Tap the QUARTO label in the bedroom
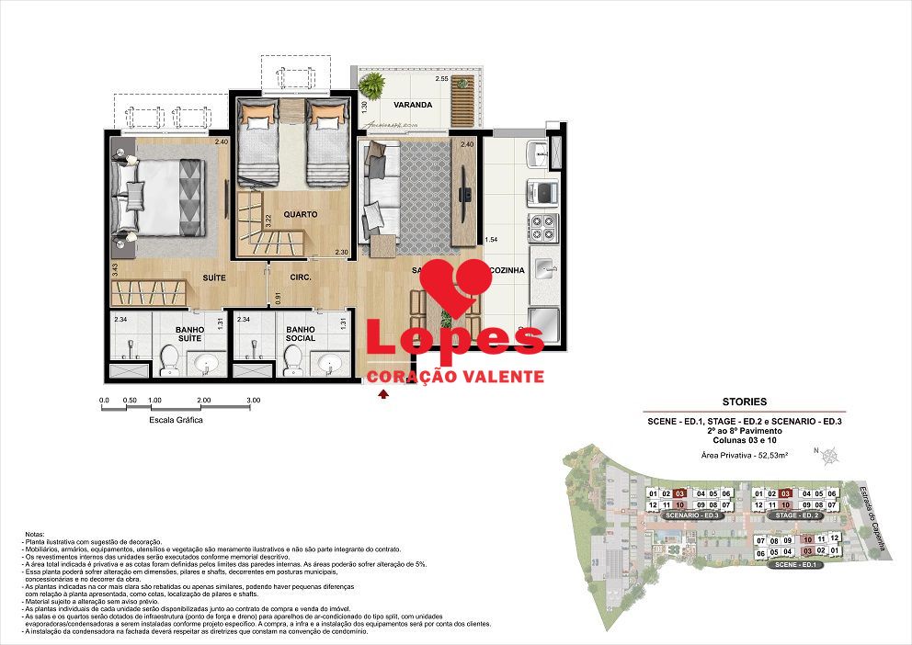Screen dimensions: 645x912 [x=301, y=214]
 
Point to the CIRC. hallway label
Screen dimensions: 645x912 [x=301, y=276]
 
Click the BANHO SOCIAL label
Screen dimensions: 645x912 [x=301, y=333]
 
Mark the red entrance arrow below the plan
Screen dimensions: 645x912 [x=383, y=394]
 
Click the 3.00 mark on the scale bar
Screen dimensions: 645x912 [x=254, y=401]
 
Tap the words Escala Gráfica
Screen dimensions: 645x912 [x=176, y=420]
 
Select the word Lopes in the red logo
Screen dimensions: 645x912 [x=455, y=336]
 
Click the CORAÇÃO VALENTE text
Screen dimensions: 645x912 [x=455, y=377]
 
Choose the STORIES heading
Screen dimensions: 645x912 [x=745, y=402]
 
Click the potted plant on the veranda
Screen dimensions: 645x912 [x=373, y=85]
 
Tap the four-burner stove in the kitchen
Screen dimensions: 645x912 [x=541, y=227]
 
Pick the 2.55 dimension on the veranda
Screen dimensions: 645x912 [x=442, y=79]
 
